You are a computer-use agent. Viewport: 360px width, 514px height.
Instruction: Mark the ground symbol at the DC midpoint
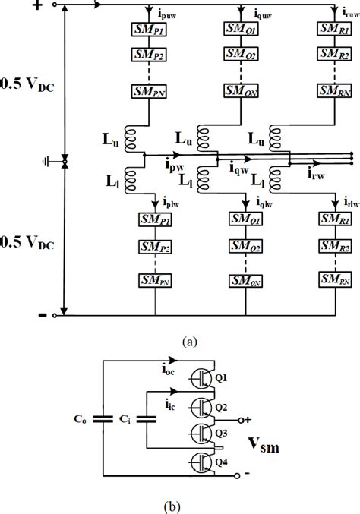(47, 162)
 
